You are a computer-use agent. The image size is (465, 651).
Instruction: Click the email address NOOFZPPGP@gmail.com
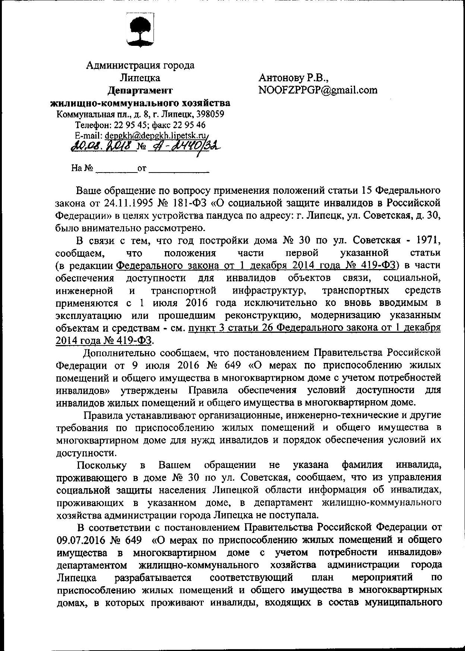(x=318, y=90)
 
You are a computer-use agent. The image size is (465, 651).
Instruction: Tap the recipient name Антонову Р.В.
(x=294, y=78)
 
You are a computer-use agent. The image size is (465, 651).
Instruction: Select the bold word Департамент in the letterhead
(x=140, y=90)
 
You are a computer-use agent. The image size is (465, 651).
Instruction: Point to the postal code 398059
(x=211, y=114)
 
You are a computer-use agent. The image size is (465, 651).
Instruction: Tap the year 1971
(x=428, y=240)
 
